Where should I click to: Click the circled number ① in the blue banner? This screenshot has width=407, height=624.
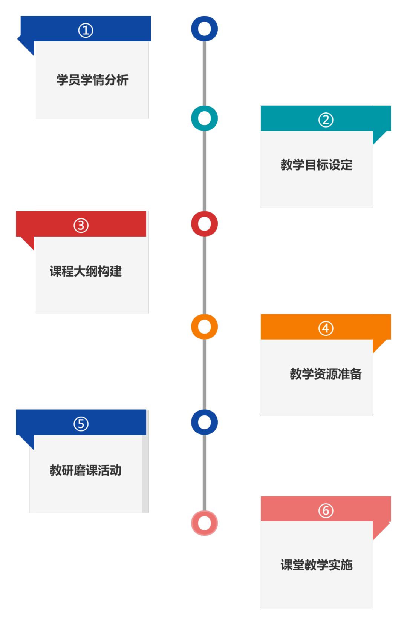86,30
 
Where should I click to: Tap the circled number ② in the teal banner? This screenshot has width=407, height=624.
326,120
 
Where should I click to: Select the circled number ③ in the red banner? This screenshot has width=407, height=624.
81,226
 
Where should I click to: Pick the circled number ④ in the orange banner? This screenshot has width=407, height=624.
326,328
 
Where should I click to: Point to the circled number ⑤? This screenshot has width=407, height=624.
81,424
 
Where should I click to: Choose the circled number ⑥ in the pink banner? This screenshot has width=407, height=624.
326,511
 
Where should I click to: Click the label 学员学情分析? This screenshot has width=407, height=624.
92,80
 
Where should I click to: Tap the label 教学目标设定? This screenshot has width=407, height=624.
317,165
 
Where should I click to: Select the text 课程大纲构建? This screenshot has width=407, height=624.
86,271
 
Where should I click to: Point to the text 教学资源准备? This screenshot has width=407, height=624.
326,374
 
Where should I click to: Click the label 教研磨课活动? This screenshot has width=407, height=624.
86,470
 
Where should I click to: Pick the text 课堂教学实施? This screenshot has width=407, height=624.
317,565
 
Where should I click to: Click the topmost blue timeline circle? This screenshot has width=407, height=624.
204,29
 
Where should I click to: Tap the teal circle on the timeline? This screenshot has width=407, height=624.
204,118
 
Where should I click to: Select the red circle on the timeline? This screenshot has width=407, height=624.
204,224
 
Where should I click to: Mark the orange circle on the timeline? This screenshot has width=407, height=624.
204,327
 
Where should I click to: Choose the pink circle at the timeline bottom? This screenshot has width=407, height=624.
204,523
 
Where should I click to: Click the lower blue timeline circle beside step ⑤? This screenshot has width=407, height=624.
204,422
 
